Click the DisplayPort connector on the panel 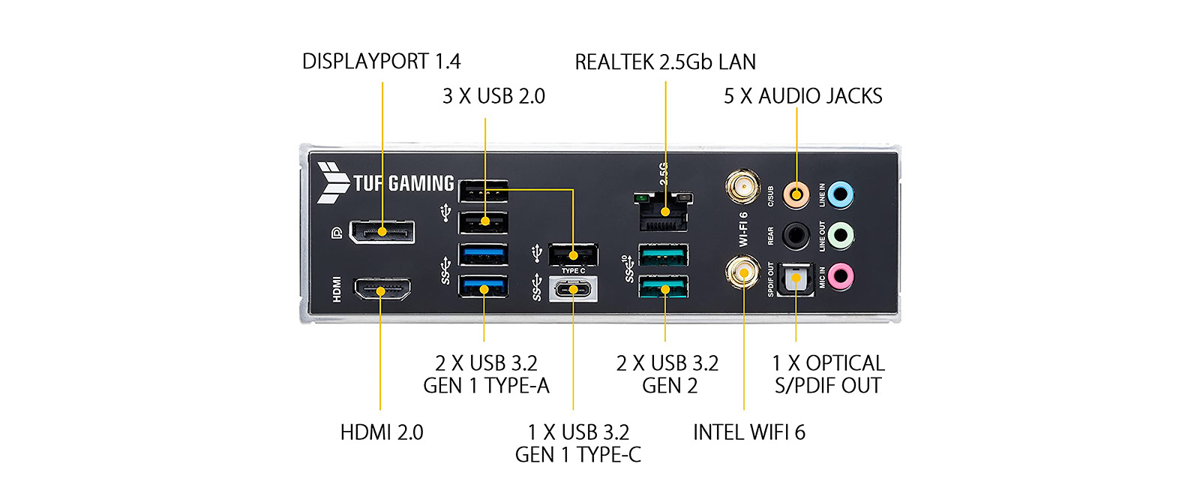[382, 232]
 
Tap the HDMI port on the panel [382, 289]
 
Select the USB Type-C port [574, 289]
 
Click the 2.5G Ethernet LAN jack [664, 212]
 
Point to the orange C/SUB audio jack [796, 195]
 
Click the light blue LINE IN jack [841, 195]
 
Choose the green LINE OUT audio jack [841, 236]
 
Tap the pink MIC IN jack [841, 276]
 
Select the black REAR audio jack [796, 236]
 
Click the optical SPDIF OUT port [796, 279]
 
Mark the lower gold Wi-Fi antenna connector [742, 271]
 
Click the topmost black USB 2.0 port [484, 191]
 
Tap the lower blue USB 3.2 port [484, 287]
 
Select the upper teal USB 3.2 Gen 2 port [664, 255]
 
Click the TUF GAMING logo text [403, 183]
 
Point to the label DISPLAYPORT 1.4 [381, 62]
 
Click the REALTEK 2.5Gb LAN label [665, 62]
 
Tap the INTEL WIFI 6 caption [748, 432]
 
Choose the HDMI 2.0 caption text [382, 432]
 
